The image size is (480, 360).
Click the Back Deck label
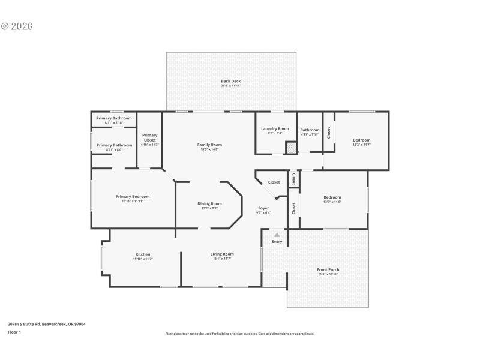[x=230, y=81]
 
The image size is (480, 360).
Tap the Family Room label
[x=209, y=145]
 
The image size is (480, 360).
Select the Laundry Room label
[x=275, y=129]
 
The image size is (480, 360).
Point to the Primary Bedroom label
[x=133, y=197]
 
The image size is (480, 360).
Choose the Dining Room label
[x=209, y=204]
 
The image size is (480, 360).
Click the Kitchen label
[x=143, y=254]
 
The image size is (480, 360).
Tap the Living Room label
[x=221, y=254]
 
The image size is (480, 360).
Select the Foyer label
[x=263, y=208]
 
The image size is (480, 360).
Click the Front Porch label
[x=328, y=270]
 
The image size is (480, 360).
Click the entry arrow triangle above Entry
[x=277, y=235]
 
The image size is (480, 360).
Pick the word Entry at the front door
[x=277, y=242]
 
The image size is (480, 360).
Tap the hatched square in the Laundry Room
[x=290, y=147]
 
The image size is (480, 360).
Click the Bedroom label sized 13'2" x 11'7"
[x=361, y=140]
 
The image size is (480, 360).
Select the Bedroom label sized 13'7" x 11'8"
[x=332, y=197]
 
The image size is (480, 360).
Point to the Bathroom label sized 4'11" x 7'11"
[x=310, y=130]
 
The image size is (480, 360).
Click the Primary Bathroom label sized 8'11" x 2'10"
[x=114, y=118]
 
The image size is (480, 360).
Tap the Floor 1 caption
[x=14, y=332]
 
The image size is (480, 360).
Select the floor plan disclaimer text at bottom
[x=239, y=334]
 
